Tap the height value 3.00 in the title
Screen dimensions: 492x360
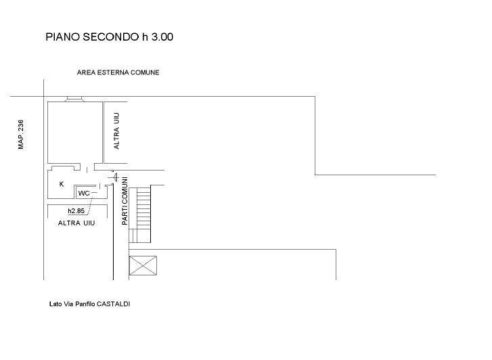[x=162, y=37]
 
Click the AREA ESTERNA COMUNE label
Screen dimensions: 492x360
[x=118, y=72]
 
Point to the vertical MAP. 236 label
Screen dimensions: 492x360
[x=21, y=135]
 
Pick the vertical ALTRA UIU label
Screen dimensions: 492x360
[x=116, y=131]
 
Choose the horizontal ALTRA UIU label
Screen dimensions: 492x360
[x=76, y=223]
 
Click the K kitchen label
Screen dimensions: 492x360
[x=62, y=184]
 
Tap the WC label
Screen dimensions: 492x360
[x=84, y=194]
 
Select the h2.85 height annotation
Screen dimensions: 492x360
[x=76, y=211]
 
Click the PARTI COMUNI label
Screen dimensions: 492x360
[x=125, y=201]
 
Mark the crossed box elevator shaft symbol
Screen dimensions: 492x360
[x=143, y=265]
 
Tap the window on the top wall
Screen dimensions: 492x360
[x=74, y=99]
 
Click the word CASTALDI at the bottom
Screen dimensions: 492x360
[x=113, y=304]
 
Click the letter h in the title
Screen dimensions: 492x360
[x=145, y=37]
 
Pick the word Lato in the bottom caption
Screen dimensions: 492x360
[x=55, y=304]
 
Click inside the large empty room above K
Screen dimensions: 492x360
[x=75, y=132]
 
